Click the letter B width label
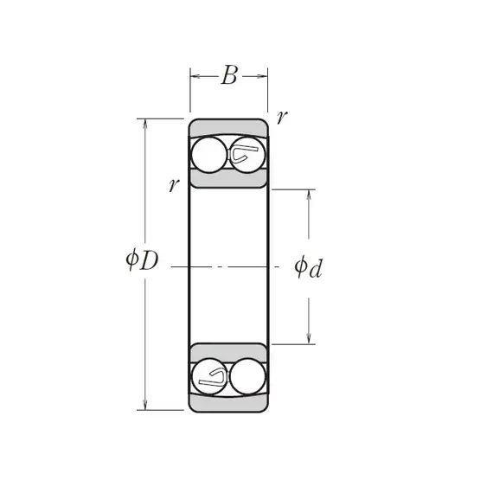229,75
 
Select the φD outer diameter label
142,259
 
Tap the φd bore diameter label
309,267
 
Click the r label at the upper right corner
282,117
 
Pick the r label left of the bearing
174,184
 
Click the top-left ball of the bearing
209,155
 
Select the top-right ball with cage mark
247,155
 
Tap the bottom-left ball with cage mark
209,376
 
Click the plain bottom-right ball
247,376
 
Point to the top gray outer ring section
228,127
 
